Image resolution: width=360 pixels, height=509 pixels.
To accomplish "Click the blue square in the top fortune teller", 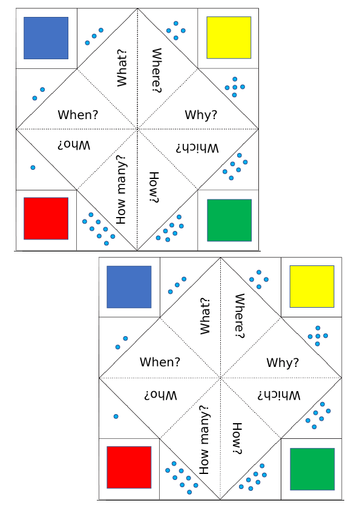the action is tap(46, 38).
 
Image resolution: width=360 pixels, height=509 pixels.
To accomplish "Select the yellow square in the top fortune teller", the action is tap(229, 37).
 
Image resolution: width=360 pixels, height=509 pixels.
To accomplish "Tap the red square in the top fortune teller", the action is tap(46, 218).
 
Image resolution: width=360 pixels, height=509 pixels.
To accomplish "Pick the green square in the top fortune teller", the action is tap(229, 221).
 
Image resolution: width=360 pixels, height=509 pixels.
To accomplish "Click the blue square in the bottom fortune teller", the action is tap(129, 287).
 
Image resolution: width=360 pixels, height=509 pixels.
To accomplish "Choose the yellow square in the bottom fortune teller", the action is tap(312, 287).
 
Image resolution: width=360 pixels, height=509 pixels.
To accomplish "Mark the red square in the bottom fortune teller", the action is tap(129, 467).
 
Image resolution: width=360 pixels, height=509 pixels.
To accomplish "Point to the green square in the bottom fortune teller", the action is tap(312, 469).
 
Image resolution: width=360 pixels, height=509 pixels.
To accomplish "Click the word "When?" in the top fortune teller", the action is tap(78, 115).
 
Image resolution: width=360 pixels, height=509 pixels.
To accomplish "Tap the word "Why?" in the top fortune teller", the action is tap(201, 115).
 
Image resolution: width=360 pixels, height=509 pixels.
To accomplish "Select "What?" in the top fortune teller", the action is tap(122, 68).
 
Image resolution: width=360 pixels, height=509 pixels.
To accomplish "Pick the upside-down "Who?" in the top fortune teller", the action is tap(74, 145).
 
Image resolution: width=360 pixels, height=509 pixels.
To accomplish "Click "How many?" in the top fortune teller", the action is tap(121, 190).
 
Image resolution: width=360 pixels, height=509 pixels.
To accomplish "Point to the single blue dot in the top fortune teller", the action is tap(33, 167).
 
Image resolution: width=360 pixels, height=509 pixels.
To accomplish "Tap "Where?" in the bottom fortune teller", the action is tap(239, 316).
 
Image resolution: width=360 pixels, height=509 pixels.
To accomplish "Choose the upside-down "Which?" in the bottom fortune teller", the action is tap(279, 395).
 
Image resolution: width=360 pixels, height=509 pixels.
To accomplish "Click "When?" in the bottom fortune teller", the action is tap(160, 361).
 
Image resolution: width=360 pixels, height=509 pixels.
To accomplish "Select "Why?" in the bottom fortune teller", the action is tap(283, 362).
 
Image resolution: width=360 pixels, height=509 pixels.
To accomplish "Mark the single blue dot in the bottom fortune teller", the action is tap(116, 417).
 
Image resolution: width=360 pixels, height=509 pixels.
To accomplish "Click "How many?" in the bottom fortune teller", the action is tap(204, 439).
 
